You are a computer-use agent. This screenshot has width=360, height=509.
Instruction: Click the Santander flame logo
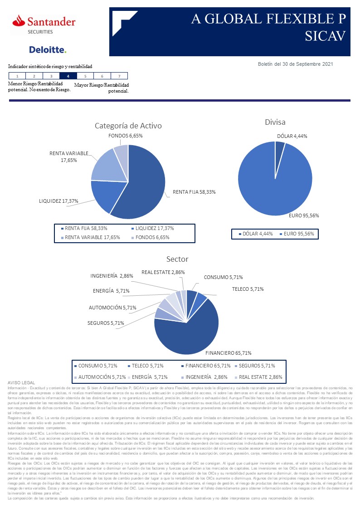click(19, 20)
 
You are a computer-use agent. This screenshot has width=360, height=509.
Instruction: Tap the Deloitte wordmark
click(47, 49)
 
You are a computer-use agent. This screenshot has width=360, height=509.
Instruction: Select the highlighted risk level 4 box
click(68, 76)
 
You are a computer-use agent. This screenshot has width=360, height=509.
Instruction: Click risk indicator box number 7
click(119, 76)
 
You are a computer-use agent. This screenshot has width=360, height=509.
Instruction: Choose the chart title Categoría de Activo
click(128, 126)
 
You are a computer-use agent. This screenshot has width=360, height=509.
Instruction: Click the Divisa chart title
click(275, 122)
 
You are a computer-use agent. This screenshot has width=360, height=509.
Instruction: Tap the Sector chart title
click(177, 259)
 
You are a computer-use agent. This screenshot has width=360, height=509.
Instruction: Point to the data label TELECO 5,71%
click(248, 289)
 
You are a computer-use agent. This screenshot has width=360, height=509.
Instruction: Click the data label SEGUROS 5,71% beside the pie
click(105, 323)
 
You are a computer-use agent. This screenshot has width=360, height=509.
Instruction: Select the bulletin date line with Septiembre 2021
click(295, 64)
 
